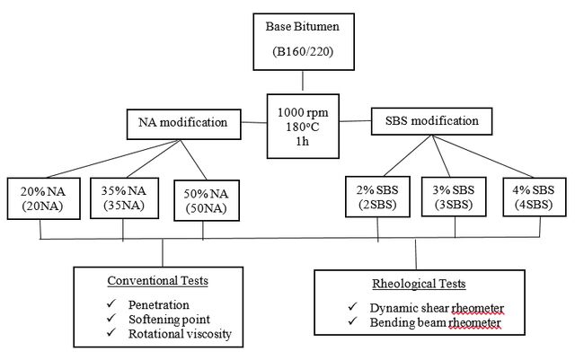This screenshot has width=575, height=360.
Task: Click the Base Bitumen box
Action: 304,42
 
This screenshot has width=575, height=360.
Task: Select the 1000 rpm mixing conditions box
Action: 303,126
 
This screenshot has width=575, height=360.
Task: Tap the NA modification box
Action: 183,124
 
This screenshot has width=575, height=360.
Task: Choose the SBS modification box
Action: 431,121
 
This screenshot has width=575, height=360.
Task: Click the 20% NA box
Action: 44,198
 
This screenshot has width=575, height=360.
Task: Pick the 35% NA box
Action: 124,198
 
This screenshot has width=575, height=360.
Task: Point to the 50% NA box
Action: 207,200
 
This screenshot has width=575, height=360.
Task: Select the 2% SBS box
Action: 377,197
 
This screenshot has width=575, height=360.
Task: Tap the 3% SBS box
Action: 454,197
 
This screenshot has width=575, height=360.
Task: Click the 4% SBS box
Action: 534,197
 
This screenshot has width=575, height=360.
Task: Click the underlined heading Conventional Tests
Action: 158,281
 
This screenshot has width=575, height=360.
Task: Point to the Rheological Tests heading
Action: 419,284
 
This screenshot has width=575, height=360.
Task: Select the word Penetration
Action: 159,304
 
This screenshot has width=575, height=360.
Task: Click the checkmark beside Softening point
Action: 111,318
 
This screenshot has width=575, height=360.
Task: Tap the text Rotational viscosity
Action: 180,334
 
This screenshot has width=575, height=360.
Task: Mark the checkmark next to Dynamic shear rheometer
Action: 353,306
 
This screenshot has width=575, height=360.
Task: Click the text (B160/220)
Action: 303,51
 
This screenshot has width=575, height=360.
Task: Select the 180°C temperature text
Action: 303,127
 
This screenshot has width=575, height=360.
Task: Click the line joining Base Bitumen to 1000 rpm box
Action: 303,81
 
